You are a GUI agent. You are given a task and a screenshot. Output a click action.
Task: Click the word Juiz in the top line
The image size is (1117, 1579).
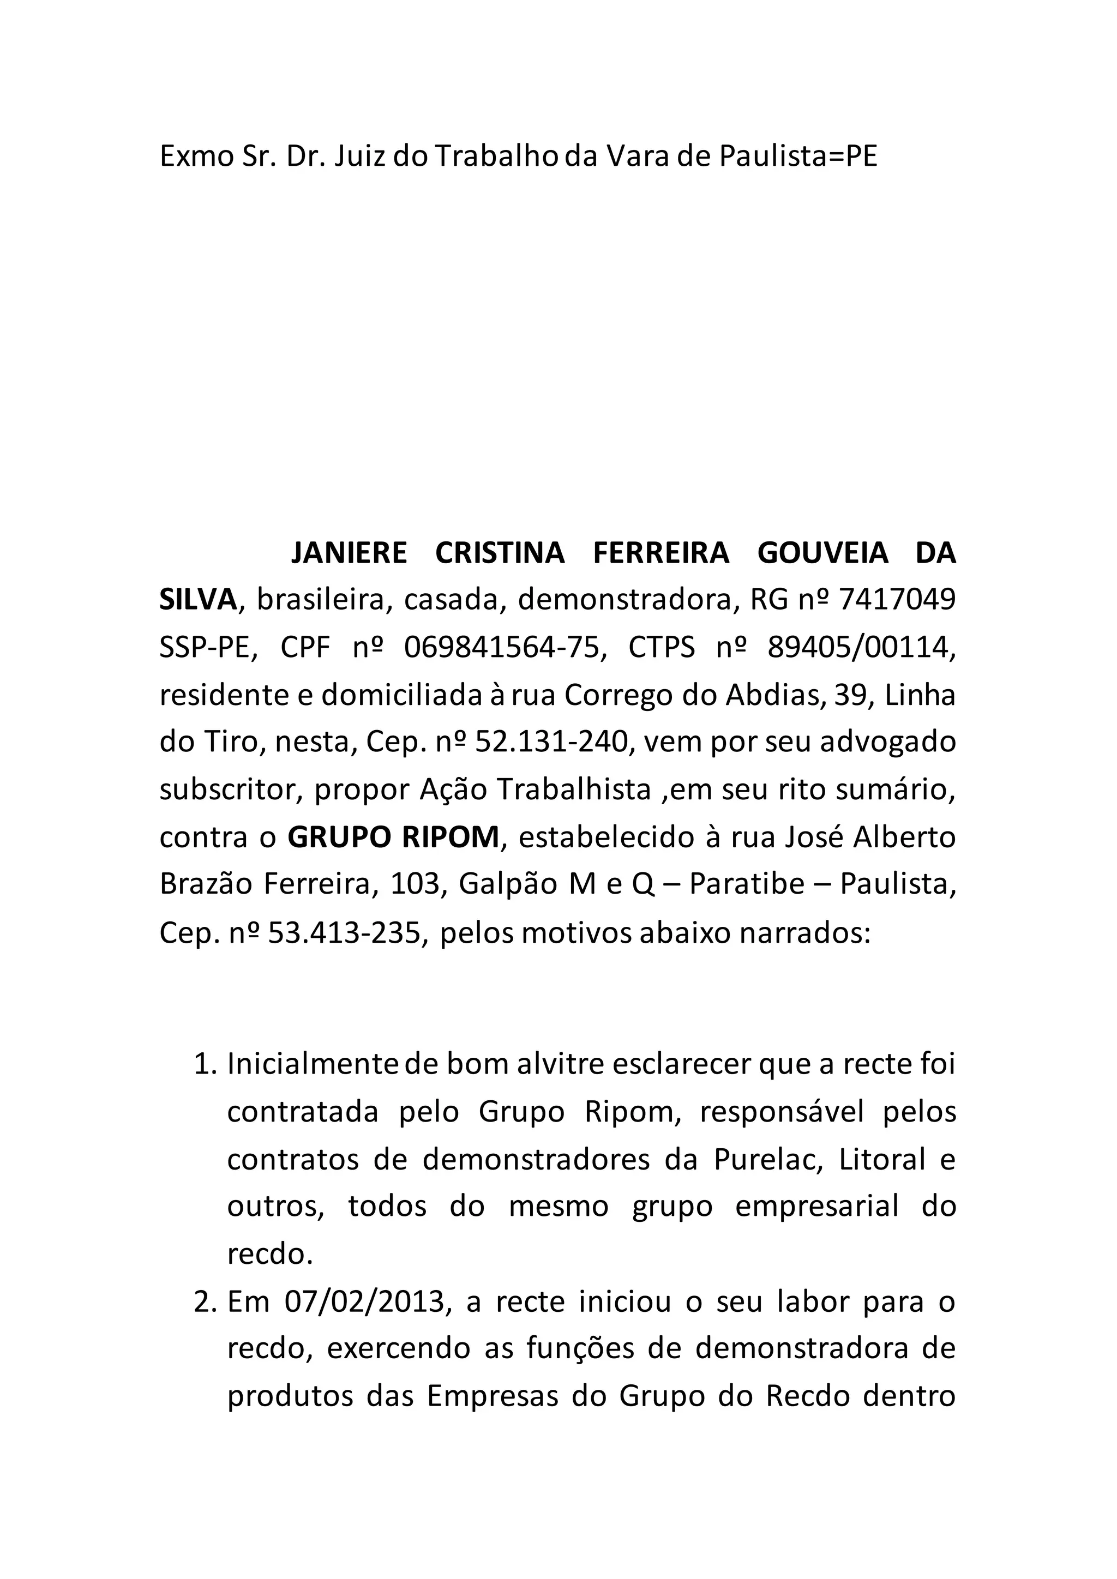pyautogui.click(x=359, y=158)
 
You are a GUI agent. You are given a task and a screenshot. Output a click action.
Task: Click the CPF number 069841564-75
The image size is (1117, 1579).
pyautogui.click(x=502, y=648)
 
